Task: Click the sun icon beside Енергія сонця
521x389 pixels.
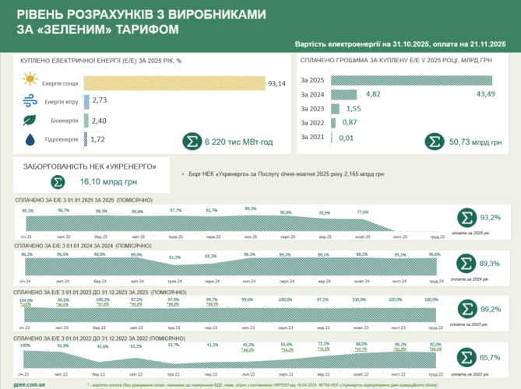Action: tap(30, 81)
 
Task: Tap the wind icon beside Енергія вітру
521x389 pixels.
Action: tap(30, 101)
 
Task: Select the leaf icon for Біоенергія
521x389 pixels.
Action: tap(30, 121)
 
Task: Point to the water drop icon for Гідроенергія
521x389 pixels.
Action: tap(30, 140)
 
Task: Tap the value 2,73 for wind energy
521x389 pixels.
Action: tap(99, 101)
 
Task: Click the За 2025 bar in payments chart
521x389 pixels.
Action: tap(411, 80)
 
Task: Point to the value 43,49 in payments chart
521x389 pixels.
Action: tap(476, 94)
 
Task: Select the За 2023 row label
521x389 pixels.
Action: tap(312, 109)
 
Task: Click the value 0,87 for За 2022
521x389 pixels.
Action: tap(349, 123)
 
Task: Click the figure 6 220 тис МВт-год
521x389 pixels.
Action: tap(238, 142)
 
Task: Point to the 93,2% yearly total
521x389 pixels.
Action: tap(489, 217)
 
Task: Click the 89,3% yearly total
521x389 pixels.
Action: tap(489, 264)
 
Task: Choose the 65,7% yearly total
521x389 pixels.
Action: tap(489, 356)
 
